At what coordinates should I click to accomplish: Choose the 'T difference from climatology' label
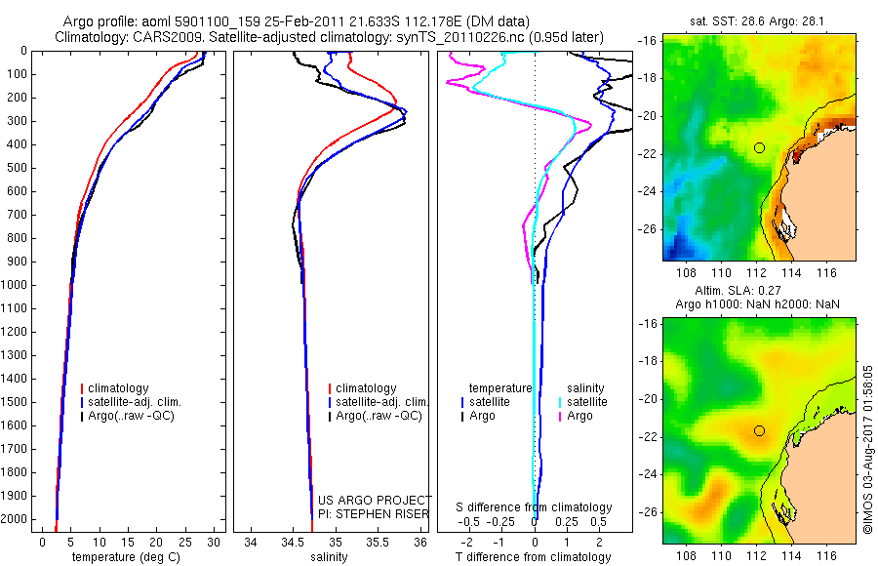point(534,557)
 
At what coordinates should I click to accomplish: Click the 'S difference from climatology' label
point(534,507)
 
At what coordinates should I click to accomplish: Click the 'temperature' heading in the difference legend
point(500,387)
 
